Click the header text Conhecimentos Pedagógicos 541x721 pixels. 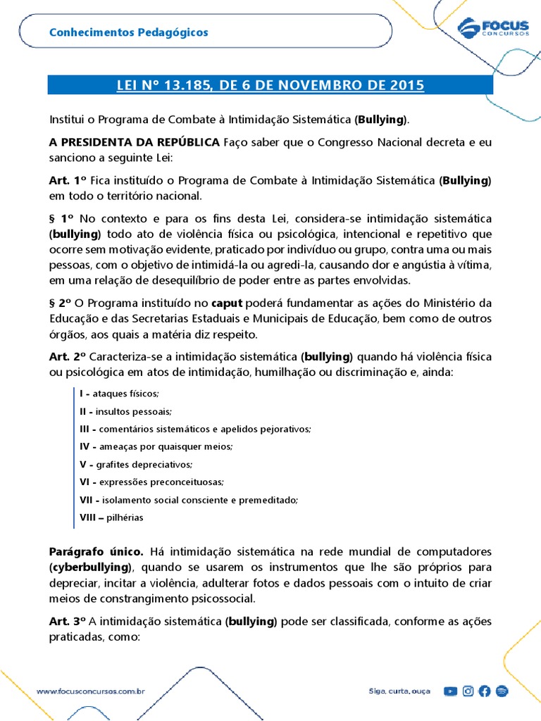[128, 32]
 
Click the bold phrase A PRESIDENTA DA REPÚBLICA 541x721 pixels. [135, 142]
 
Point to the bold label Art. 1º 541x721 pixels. [68, 181]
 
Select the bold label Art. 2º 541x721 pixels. [68, 356]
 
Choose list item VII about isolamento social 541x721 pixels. [189, 499]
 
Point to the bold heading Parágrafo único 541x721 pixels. [97, 551]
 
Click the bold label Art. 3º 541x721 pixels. [68, 622]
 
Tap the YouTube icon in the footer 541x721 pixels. [450, 691]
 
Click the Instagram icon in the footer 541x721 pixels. [468, 691]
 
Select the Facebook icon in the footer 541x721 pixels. [485, 691]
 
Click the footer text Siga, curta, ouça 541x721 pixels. [399, 691]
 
